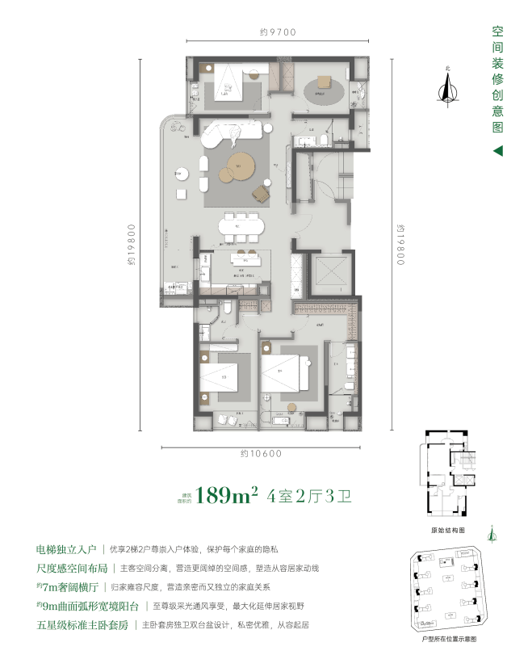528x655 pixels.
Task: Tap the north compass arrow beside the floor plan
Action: pos(443,87)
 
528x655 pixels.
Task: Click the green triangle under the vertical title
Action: pos(498,151)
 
